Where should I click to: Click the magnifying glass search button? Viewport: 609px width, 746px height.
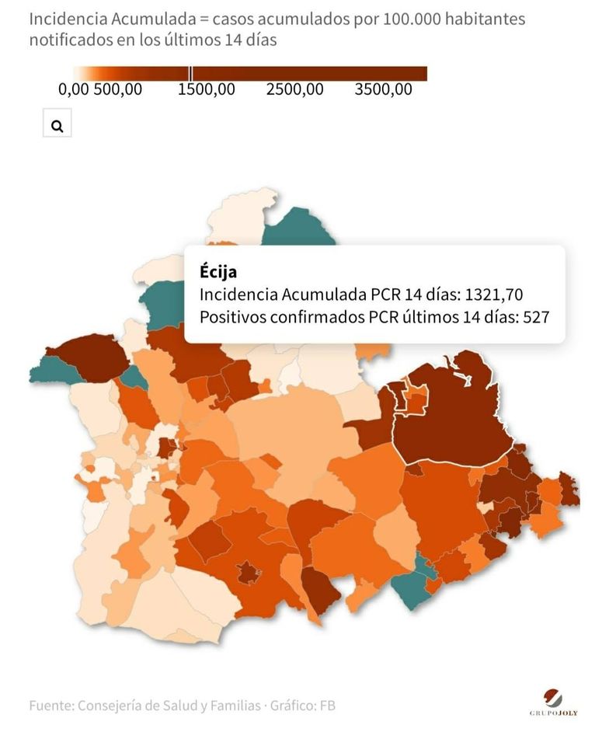pos(57,124)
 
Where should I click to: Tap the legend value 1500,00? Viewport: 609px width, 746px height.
pos(206,89)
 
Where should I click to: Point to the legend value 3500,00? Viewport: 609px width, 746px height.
pos(383,89)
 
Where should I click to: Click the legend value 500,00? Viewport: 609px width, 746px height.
pos(118,89)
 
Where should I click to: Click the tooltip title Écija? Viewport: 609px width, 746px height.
pos(218,271)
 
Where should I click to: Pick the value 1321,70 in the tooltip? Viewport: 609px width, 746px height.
pos(493,295)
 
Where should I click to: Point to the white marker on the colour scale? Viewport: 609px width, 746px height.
pos(192,74)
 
